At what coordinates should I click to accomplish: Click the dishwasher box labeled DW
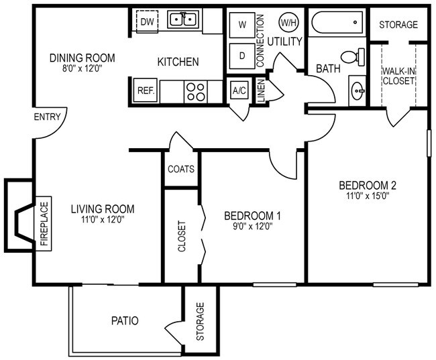[x=147, y=21]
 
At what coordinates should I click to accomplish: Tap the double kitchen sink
[x=183, y=19]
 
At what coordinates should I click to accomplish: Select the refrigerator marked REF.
[x=145, y=91]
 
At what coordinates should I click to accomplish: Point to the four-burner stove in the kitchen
[x=196, y=92]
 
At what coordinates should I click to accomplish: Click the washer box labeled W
[x=242, y=25]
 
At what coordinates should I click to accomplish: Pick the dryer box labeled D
[x=242, y=56]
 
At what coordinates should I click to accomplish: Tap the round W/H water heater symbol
[x=288, y=23]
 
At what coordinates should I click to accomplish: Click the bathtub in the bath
[x=337, y=23]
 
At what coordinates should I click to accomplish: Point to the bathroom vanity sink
[x=358, y=91]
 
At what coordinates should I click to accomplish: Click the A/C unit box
[x=239, y=91]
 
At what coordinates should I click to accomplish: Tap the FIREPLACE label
[x=44, y=223]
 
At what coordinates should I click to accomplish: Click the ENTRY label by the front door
[x=47, y=117]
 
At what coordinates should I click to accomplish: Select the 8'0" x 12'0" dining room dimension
[x=83, y=68]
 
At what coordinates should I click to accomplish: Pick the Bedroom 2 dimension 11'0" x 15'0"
[x=368, y=196]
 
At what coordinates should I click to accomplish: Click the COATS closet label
[x=181, y=169]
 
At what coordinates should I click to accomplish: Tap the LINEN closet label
[x=262, y=91]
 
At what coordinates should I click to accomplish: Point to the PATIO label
[x=125, y=320]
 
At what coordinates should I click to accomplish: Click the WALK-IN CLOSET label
[x=398, y=76]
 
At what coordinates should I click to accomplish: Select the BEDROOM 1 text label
[x=252, y=216]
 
